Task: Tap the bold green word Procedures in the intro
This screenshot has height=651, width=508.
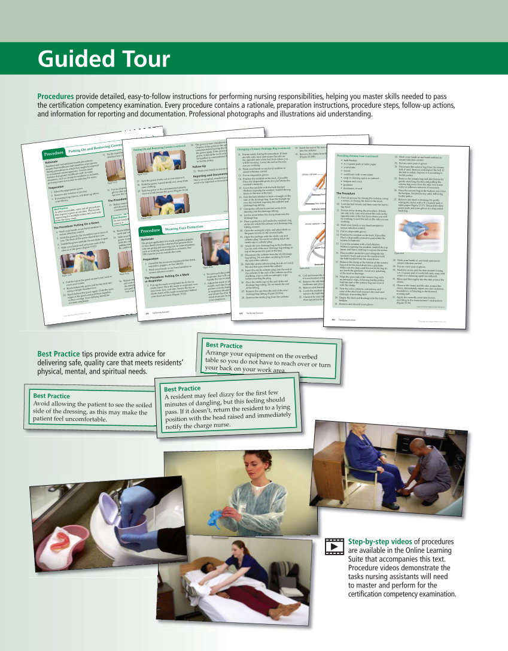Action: point(56,96)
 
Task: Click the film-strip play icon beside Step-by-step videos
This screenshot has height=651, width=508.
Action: point(333,544)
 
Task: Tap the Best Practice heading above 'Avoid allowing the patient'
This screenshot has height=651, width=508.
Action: point(51,396)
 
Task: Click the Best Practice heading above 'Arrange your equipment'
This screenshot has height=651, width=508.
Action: point(224,346)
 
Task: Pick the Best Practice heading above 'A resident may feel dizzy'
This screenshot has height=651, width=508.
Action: point(182,389)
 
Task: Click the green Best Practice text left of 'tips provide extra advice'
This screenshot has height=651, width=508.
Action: point(59,353)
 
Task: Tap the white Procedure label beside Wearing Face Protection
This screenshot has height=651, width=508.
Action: point(151,231)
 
